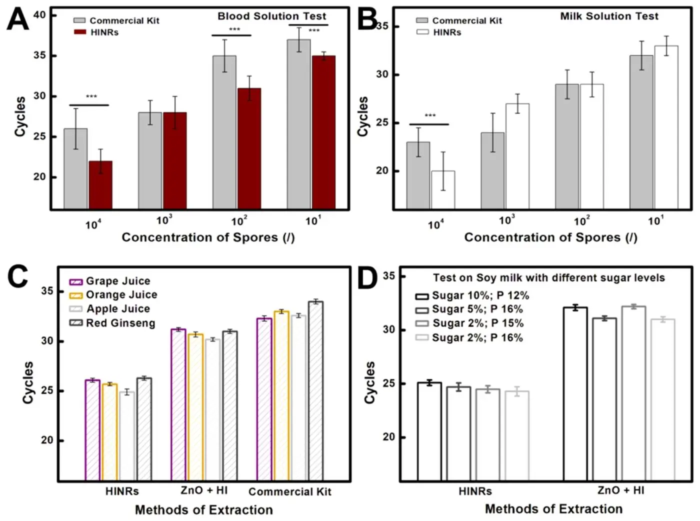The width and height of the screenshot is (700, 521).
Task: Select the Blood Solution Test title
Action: click(x=271, y=16)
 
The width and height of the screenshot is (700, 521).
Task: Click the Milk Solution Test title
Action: click(x=609, y=16)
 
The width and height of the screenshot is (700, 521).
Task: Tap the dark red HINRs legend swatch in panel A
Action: click(x=80, y=32)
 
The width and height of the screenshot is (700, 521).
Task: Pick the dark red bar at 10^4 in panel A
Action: click(x=100, y=184)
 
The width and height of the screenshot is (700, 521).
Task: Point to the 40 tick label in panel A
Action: click(x=39, y=15)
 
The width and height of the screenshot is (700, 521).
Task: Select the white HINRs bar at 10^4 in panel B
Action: click(x=443, y=189)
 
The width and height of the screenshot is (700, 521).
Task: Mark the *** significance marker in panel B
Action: click(x=430, y=116)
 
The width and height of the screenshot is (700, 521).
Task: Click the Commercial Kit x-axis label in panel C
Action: click(x=289, y=491)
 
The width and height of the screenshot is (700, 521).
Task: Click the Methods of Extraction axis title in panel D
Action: click(x=553, y=509)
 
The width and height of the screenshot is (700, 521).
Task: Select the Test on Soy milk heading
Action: click(x=548, y=278)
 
